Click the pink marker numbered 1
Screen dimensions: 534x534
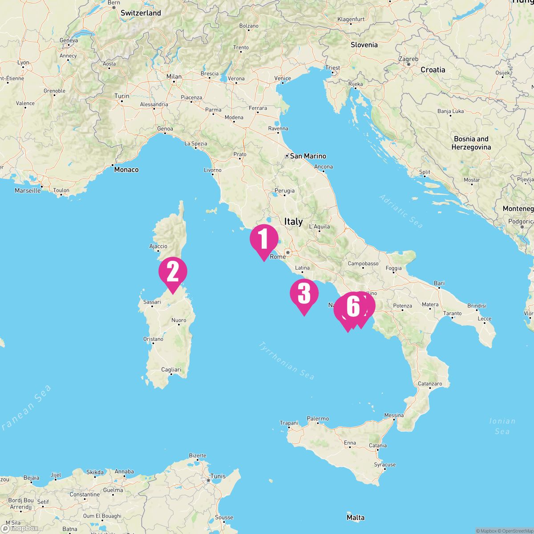pos(264,239)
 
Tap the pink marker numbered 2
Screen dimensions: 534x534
pos(173,271)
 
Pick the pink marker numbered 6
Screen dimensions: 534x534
pos(352,307)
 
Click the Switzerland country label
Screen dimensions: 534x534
pos(141,13)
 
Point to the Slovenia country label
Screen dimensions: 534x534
pos(364,44)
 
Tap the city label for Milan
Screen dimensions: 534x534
pos(174,77)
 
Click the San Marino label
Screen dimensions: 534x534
pos(307,156)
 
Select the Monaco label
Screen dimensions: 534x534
pos(126,170)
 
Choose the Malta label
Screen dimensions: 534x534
pos(355,518)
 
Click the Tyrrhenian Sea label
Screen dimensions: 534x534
pos(287,360)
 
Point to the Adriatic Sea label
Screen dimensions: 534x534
pos(401,211)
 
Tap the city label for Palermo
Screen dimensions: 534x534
pos(318,419)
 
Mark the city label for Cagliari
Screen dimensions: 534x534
pos(171,370)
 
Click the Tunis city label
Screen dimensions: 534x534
pos(218,476)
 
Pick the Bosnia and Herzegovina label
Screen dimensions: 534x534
pos(471,143)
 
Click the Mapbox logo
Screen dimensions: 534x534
pos(20,528)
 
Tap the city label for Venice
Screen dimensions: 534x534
pos(283,78)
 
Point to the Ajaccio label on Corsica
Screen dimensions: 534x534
pos(158,246)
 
